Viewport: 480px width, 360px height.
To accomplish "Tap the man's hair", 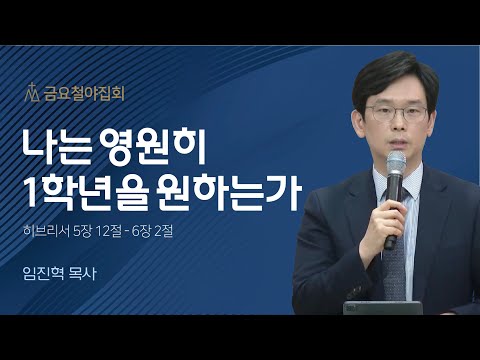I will (399, 68).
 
